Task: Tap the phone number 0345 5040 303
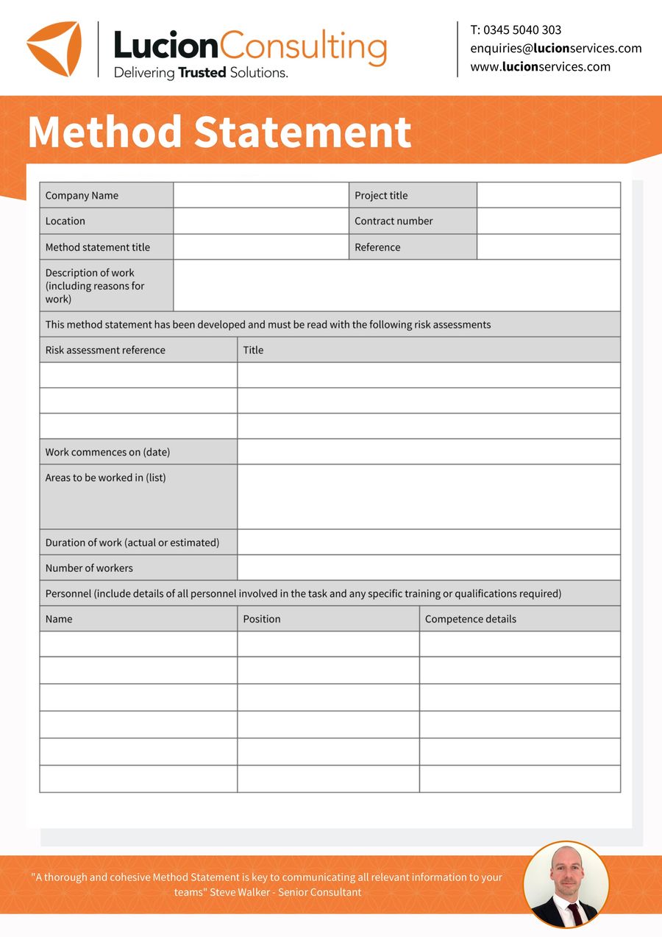[522, 30]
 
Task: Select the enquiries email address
[555, 49]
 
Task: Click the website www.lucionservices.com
[540, 67]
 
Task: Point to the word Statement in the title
[302, 132]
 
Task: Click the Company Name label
[82, 196]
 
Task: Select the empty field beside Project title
[548, 196]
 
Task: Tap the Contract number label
[394, 221]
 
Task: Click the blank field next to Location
[260, 221]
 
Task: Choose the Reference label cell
[377, 247]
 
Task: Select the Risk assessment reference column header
[105, 350]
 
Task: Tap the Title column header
[253, 350]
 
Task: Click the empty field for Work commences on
[428, 452]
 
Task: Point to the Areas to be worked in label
[105, 478]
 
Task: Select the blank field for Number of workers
[428, 567]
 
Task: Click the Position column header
[262, 619]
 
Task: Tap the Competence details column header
[471, 619]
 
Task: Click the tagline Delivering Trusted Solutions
[200, 73]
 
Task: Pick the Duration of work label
[132, 542]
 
